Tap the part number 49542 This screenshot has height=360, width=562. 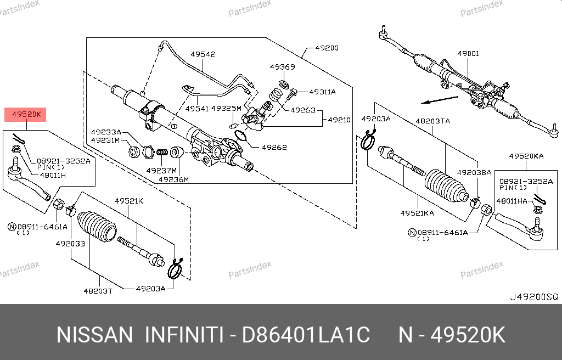pyautogui.click(x=203, y=54)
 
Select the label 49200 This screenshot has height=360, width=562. pyautogui.click(x=327, y=48)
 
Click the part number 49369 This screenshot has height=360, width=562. pyautogui.click(x=282, y=67)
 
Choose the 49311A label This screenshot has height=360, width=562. pyautogui.click(x=322, y=92)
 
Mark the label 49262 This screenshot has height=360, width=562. pyautogui.click(x=275, y=147)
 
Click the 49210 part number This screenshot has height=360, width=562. pyautogui.click(x=339, y=119)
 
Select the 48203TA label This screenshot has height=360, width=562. pyautogui.click(x=432, y=120)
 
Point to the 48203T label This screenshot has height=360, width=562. pyautogui.click(x=98, y=290)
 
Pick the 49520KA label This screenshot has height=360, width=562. pyautogui.click(x=526, y=156)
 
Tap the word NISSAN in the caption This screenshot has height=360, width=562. pyautogui.click(x=94, y=334)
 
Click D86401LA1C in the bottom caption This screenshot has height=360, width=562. pyautogui.click(x=306, y=334)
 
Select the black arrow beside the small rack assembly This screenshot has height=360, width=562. pyautogui.click(x=440, y=100)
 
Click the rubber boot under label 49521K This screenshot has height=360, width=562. pyautogui.click(x=96, y=227)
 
